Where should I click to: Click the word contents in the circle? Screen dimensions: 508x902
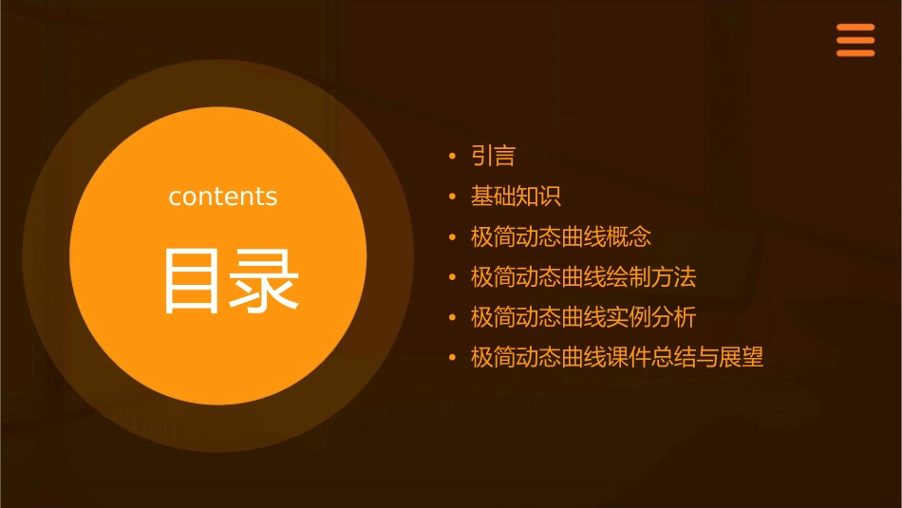pos(223,197)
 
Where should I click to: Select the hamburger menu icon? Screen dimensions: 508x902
pos(855,41)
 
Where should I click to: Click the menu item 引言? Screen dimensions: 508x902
pos(493,156)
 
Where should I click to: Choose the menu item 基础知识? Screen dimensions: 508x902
pos(516,197)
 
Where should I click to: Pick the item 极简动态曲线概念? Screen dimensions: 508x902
pos(561,236)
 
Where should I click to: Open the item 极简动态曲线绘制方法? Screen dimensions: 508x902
pos(583,277)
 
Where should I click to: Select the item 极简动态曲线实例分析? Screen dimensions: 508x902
pos(583,317)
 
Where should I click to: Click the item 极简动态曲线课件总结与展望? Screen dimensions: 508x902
pos(617,358)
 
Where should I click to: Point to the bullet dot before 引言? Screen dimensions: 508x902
pos(453,157)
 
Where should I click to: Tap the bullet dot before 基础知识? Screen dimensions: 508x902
pos(453,198)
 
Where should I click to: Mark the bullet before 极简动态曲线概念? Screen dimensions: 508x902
pos(453,237)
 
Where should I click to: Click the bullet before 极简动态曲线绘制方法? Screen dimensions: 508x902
pos(453,278)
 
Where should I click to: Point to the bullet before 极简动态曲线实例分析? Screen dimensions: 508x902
pos(453,318)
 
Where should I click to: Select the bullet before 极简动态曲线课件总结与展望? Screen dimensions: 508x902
pos(453,359)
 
